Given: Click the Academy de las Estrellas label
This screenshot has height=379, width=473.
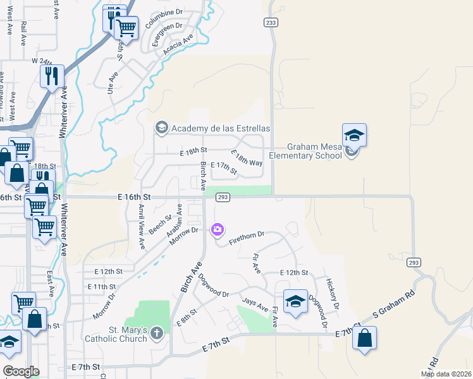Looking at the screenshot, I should [x=221, y=128].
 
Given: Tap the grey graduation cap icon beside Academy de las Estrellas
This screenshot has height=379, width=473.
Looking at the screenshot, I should [x=161, y=128].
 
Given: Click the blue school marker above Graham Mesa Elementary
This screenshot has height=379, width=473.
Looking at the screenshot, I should [x=354, y=135].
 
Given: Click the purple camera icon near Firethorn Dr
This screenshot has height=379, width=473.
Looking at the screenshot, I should [x=218, y=229].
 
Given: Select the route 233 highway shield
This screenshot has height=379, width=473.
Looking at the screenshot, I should [x=271, y=22].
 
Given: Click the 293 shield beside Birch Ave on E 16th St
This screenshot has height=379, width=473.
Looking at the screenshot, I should [x=222, y=197].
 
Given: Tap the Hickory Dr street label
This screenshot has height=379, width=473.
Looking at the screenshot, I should [x=333, y=293].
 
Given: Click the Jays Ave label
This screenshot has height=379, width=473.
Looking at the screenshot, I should [x=255, y=306].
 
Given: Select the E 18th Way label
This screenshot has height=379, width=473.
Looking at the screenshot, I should [x=247, y=158].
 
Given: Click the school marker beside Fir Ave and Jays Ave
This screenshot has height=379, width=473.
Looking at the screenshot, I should [x=295, y=302].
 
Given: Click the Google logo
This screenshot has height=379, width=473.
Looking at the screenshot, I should [x=20, y=371].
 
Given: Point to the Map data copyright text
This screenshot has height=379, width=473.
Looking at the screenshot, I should [x=446, y=374].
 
